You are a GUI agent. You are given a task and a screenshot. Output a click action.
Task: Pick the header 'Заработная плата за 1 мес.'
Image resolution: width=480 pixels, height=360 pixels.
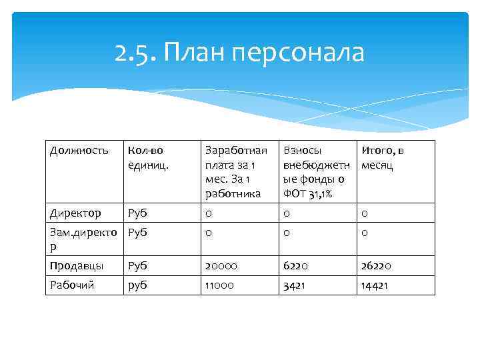click(231, 171)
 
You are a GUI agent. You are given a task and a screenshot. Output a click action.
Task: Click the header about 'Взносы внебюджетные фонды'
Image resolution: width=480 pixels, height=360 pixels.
click(314, 171)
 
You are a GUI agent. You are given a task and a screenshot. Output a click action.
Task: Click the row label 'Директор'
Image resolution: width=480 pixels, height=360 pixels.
click(75, 213)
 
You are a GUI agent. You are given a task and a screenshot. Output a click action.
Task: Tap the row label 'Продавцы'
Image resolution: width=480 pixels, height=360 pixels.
click(77, 265)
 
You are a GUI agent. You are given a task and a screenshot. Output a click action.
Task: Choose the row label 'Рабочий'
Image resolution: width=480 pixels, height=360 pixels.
click(72, 285)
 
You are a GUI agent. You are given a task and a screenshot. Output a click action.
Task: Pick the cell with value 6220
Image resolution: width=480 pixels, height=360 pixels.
click(297, 265)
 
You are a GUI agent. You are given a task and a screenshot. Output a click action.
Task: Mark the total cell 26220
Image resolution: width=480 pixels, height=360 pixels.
click(376, 265)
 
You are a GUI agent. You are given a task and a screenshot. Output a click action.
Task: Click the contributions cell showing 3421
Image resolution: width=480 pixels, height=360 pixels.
click(295, 285)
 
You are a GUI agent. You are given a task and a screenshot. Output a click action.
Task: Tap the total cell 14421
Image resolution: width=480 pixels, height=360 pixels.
click(375, 285)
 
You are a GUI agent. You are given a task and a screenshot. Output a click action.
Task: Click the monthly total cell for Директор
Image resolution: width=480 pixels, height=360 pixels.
click(365, 213)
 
